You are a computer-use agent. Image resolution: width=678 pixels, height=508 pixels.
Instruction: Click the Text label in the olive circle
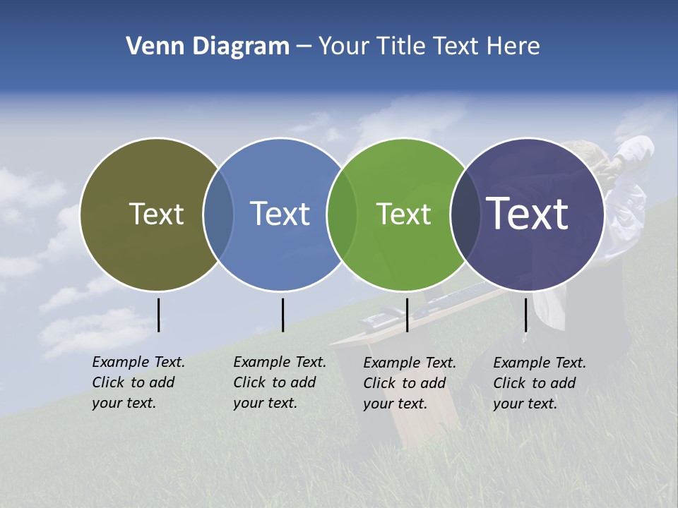click(156, 214)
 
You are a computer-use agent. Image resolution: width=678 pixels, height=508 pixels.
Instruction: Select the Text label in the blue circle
click(280, 214)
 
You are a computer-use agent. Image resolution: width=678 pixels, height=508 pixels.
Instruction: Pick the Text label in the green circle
click(403, 214)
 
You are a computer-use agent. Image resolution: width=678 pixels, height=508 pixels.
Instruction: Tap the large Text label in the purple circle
click(528, 214)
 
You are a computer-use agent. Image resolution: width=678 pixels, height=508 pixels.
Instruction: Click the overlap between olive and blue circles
click(218, 214)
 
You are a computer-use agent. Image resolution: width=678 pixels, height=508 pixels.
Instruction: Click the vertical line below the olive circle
click(158, 315)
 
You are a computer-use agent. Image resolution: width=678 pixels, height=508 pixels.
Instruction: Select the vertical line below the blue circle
click(282, 315)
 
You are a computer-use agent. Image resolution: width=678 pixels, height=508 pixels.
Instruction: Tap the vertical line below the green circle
click(407, 315)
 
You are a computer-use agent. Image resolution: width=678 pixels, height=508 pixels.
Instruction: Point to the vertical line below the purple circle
click(525, 315)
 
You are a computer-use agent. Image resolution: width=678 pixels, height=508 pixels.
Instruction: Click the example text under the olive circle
click(138, 382)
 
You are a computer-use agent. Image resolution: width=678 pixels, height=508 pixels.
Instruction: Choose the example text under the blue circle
click(280, 382)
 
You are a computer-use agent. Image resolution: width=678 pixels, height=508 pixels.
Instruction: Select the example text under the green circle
click(410, 383)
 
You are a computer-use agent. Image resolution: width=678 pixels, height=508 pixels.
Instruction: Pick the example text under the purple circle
click(540, 383)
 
